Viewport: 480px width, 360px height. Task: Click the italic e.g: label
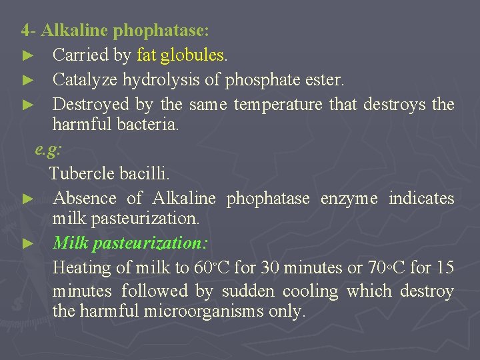pyautogui.click(x=48, y=149)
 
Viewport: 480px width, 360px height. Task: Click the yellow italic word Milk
pyautogui.click(x=71, y=243)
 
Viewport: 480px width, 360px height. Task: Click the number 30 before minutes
pyautogui.click(x=271, y=268)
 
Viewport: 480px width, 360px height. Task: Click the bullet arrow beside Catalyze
pyautogui.click(x=27, y=80)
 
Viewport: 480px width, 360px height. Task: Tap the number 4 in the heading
pyautogui.click(x=25, y=31)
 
